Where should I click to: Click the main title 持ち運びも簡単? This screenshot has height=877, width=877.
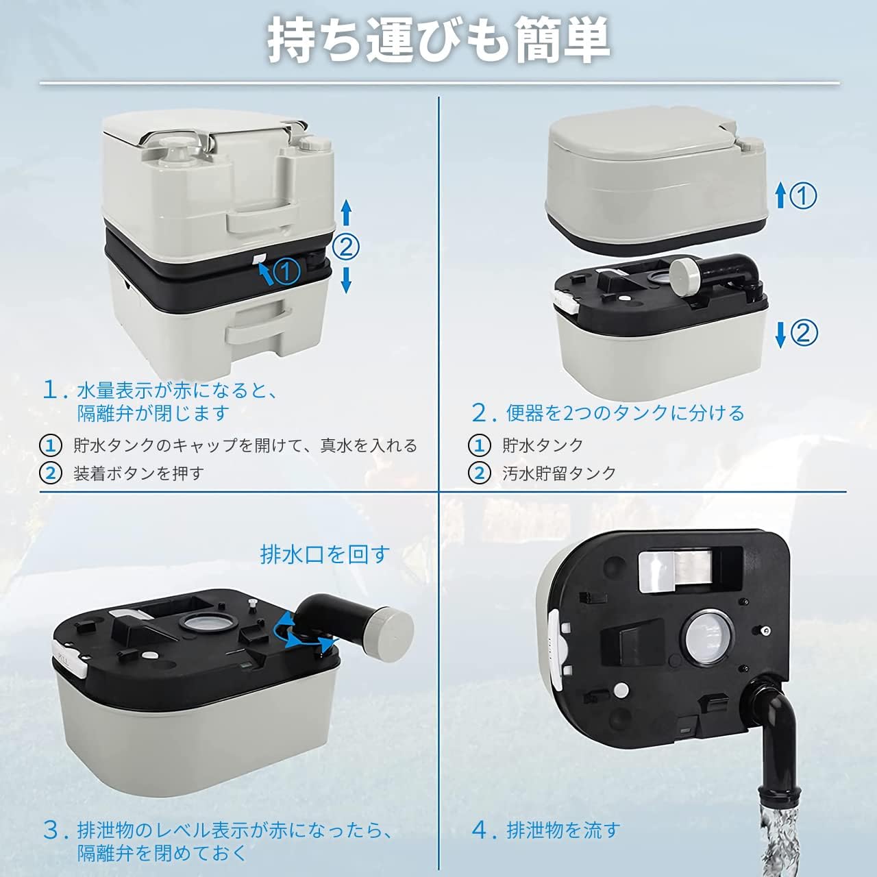point(438,40)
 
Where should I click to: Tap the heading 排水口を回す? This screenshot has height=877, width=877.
point(325,554)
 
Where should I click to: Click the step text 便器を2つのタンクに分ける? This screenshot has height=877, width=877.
point(626,412)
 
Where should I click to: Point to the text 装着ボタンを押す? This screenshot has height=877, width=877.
point(138,473)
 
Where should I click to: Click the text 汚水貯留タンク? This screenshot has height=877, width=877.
point(559,473)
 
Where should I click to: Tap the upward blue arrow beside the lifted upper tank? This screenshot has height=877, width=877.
point(781,196)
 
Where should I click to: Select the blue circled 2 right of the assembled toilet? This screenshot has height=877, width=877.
point(346,247)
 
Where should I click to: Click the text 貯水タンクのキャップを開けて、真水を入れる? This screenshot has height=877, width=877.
point(245,445)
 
